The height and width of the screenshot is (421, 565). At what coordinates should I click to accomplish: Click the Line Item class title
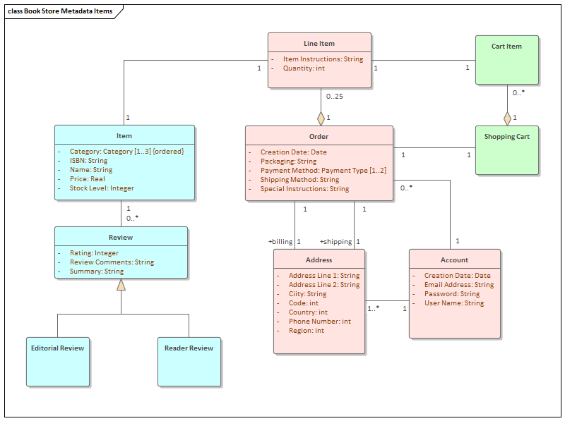(319, 44)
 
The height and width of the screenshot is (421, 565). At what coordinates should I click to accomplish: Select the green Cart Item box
(506, 61)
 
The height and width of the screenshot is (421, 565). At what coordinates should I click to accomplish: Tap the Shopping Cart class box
(506, 150)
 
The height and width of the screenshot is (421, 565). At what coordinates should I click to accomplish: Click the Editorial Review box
(57, 360)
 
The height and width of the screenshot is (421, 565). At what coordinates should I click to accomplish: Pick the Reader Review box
(189, 360)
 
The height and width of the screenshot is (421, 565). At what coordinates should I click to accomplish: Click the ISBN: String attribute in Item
(88, 161)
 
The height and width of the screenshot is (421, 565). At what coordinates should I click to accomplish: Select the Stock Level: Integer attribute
(101, 188)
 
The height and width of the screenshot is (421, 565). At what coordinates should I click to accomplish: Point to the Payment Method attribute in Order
(323, 171)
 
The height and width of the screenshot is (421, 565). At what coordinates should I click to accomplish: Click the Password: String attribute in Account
(451, 294)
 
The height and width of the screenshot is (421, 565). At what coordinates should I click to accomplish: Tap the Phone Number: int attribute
(319, 322)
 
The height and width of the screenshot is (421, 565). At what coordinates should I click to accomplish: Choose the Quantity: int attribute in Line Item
(304, 68)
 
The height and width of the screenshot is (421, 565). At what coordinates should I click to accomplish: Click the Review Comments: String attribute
(111, 262)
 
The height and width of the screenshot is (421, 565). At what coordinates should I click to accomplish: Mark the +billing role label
(280, 242)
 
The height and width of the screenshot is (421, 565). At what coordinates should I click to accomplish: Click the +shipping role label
(335, 242)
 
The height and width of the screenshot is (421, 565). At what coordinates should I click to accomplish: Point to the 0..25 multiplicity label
(334, 97)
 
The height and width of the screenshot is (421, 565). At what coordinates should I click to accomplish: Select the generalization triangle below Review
(121, 285)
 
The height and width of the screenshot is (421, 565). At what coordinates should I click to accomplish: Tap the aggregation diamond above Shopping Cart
(506, 118)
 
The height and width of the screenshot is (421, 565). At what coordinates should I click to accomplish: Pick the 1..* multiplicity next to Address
(373, 308)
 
